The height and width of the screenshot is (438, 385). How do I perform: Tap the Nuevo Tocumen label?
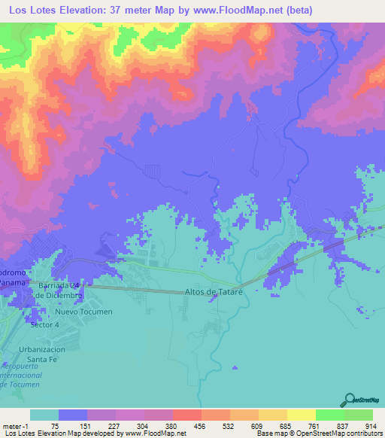point(83,312)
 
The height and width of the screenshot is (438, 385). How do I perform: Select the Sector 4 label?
point(44,324)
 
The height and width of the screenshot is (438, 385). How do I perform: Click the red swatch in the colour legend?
point(186,415)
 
